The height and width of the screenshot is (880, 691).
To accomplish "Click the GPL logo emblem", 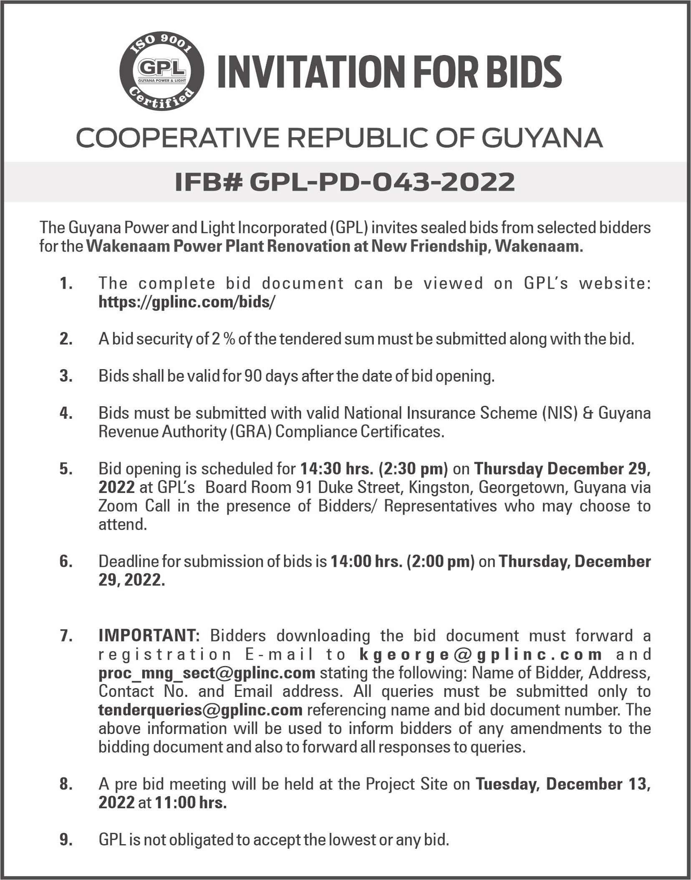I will click(x=162, y=71).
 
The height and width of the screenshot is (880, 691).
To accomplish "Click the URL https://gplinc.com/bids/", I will click(x=187, y=302).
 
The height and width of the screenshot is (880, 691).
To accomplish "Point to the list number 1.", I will click(x=66, y=284).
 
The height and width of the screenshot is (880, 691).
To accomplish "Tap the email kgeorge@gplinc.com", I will click(x=480, y=654).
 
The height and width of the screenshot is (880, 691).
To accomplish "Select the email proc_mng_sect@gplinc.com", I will click(x=207, y=673).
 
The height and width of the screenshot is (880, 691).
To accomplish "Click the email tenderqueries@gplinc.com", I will click(x=200, y=709).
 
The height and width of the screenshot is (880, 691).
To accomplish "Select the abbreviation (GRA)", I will click(x=250, y=431).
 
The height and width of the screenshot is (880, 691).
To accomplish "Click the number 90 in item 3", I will click(x=253, y=376).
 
